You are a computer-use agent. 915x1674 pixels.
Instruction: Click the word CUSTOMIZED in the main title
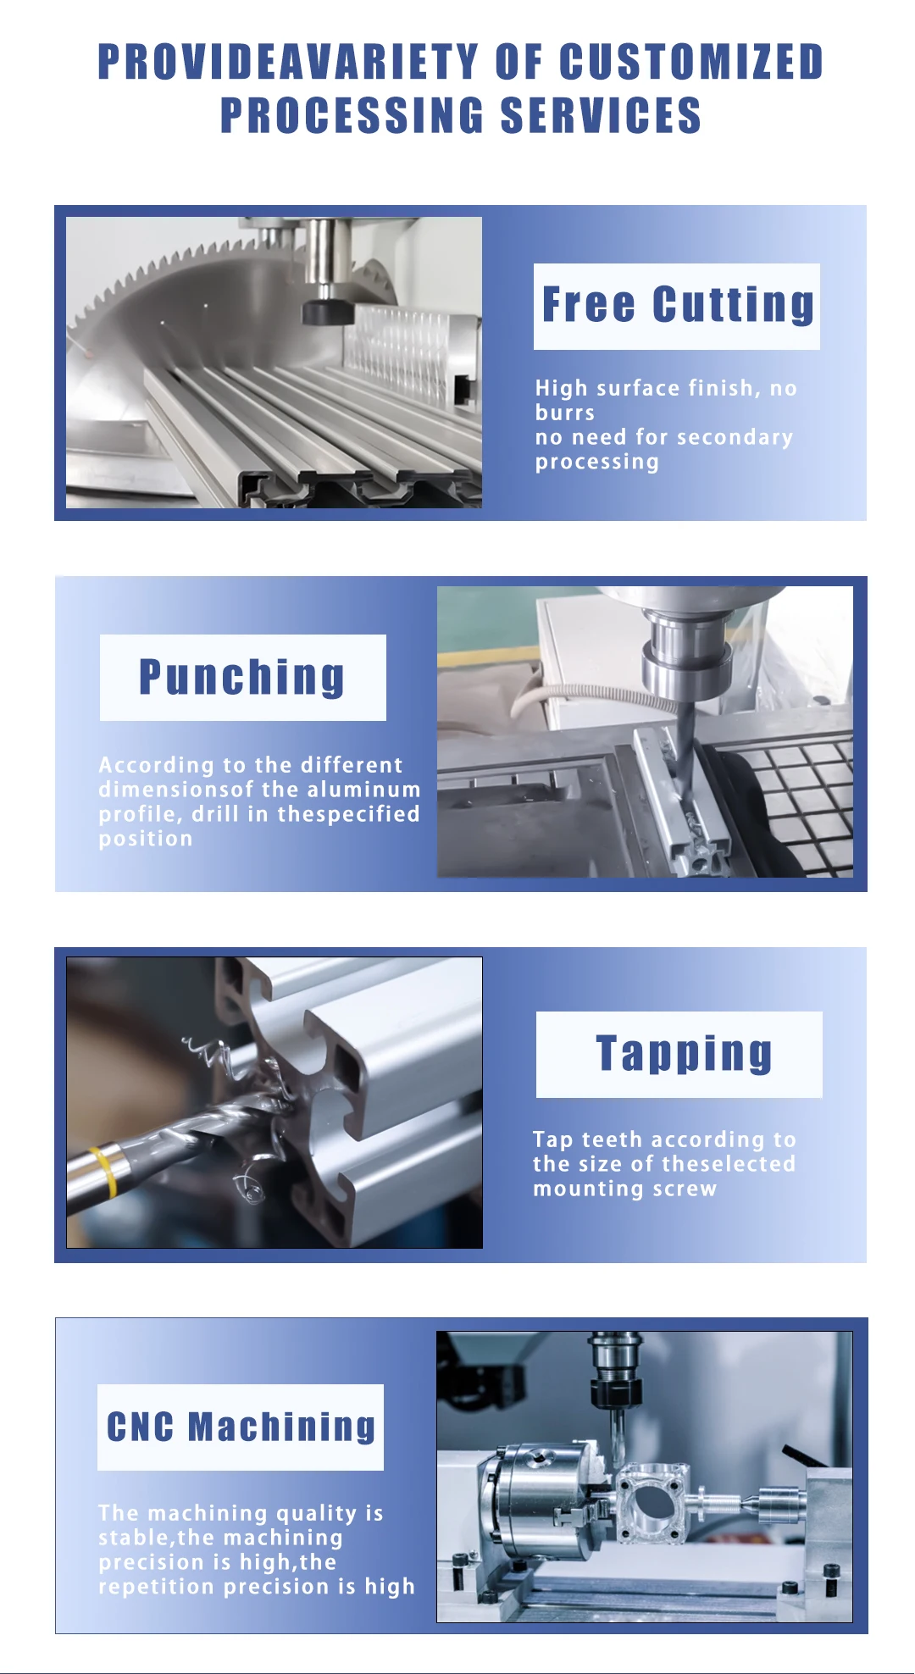(691, 62)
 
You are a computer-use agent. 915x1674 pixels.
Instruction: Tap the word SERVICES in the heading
(601, 115)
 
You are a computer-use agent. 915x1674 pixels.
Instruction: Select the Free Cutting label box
(676, 306)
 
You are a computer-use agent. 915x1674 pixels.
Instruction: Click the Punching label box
(242, 678)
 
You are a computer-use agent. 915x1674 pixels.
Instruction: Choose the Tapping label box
(679, 1054)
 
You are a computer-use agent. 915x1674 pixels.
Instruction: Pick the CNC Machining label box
(241, 1427)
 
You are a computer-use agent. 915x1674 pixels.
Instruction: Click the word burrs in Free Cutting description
(565, 413)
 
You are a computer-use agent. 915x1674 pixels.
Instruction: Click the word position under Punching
(146, 839)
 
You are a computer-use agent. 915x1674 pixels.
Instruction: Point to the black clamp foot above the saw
(327, 312)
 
